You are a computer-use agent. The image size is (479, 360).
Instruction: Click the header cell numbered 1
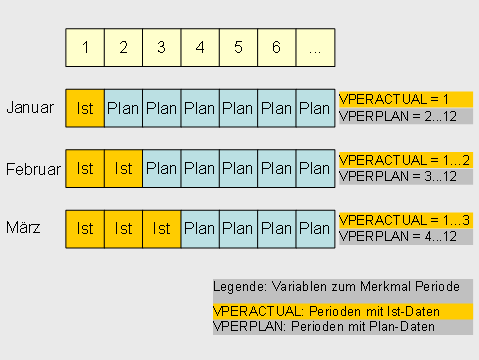click(x=85, y=47)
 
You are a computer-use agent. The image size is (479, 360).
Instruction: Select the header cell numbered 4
click(x=200, y=47)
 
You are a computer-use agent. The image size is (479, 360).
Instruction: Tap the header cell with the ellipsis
click(x=315, y=47)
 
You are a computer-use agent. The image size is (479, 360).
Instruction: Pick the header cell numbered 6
click(x=276, y=47)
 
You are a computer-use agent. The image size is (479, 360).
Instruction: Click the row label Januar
click(x=30, y=107)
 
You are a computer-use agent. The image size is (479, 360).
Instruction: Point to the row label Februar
click(x=32, y=168)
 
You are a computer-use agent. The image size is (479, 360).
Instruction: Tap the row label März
click(x=23, y=228)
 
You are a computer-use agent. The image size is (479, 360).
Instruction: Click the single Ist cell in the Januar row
click(x=85, y=108)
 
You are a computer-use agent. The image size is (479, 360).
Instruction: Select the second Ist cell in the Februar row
click(x=123, y=169)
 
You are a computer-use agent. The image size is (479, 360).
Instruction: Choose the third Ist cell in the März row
click(x=161, y=229)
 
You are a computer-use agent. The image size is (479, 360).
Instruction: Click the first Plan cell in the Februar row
click(x=161, y=169)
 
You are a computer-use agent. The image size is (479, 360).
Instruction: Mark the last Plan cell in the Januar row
click(x=314, y=108)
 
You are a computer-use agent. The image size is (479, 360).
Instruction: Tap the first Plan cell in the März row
click(x=200, y=229)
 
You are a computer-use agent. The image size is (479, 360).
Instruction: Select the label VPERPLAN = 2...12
click(x=398, y=116)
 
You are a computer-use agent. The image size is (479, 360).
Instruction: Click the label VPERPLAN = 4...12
click(x=398, y=236)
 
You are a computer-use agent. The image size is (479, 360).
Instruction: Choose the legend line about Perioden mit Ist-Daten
click(x=326, y=311)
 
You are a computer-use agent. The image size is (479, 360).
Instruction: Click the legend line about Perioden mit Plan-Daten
click(x=326, y=327)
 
